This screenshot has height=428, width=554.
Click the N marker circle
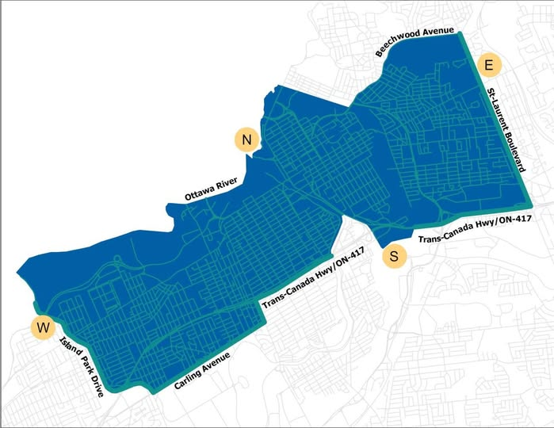pos(247,140)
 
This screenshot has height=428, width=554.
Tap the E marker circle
pos(488,64)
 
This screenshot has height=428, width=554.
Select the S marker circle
pos(394,256)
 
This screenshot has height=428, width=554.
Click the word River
pos(227,185)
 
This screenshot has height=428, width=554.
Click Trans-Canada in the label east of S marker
pos(441,233)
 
